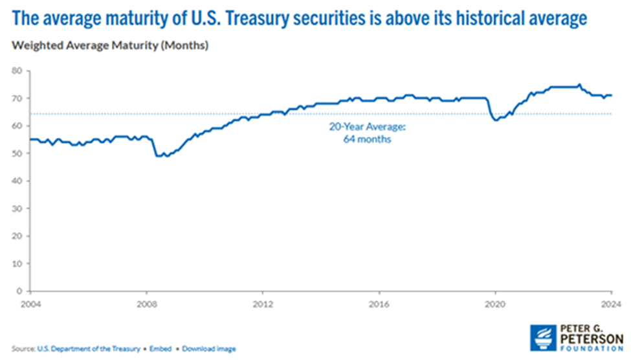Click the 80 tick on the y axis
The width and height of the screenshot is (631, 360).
[17, 71]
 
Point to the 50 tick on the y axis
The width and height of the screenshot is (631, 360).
[17, 153]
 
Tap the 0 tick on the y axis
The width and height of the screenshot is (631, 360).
[19, 291]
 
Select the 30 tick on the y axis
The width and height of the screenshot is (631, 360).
[17, 208]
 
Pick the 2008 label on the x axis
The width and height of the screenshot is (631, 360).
[146, 302]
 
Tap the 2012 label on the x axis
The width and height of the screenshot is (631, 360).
[263, 302]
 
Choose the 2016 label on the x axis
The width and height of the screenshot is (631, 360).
[379, 302]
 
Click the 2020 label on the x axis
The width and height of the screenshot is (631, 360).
[495, 302]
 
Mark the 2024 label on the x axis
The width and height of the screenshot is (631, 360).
[610, 302]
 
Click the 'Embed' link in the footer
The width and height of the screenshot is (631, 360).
[161, 348]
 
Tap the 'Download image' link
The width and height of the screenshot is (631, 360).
[209, 348]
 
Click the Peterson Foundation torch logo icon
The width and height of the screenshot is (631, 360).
[542, 338]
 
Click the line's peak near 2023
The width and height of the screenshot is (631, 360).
[579, 84]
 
